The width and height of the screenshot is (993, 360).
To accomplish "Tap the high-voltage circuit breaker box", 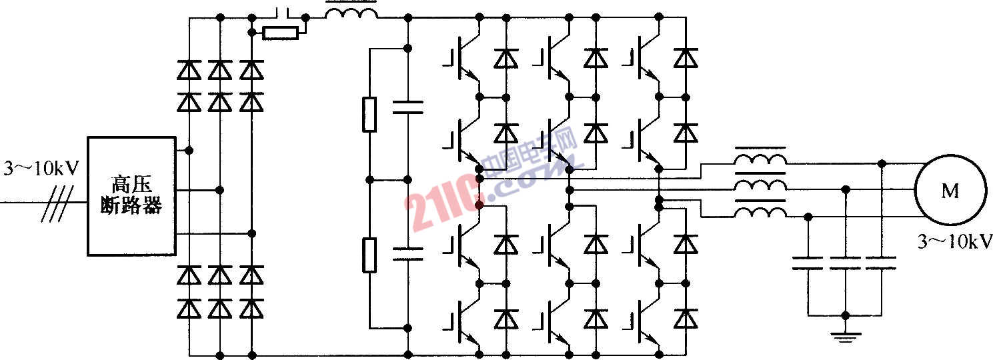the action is click(x=131, y=196).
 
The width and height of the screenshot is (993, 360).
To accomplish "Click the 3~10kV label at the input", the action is click(x=41, y=169).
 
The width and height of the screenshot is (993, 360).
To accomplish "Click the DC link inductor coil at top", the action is click(x=351, y=13).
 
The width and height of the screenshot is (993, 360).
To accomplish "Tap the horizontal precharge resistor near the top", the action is click(x=280, y=33).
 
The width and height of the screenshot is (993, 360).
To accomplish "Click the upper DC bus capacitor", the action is click(x=408, y=107).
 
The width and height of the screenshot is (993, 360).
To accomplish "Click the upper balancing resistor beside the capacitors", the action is click(x=369, y=115).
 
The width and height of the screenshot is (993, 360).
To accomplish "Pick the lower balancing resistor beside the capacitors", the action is click(x=369, y=255).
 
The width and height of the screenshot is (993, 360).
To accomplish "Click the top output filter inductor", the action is click(x=760, y=159).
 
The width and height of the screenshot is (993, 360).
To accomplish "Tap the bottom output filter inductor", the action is click(x=760, y=212).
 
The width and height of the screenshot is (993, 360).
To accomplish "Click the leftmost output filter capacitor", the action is click(x=808, y=263).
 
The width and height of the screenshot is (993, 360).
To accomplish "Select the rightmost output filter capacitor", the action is click(x=881, y=263).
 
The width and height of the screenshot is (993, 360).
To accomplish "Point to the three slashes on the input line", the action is click(x=57, y=203).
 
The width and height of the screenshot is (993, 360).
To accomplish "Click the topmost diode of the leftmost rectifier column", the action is click(x=189, y=70).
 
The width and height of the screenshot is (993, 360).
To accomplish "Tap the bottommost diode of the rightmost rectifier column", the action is click(x=252, y=309).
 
